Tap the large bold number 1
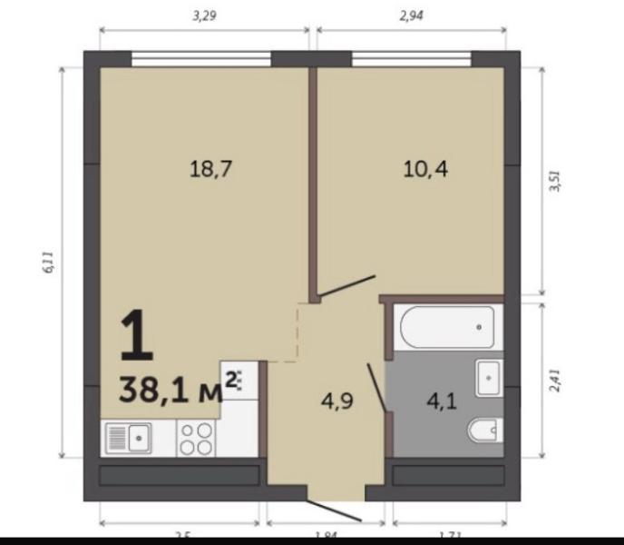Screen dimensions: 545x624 [137, 337]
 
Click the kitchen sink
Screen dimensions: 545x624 [127, 440]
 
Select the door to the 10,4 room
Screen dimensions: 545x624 [347, 286]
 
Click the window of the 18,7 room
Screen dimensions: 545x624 [201, 61]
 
